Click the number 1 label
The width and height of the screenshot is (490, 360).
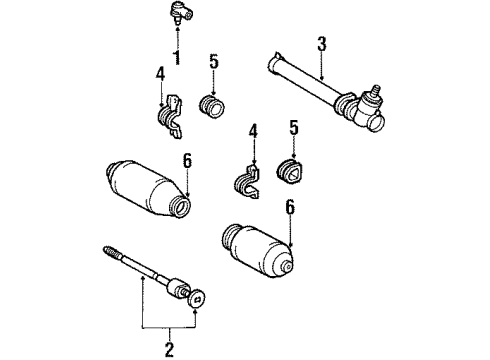[x=177, y=56]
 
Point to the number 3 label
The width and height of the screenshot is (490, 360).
[x=321, y=43]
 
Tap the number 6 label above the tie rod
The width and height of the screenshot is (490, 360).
[x=186, y=160]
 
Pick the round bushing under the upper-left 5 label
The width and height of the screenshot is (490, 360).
[x=212, y=106]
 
